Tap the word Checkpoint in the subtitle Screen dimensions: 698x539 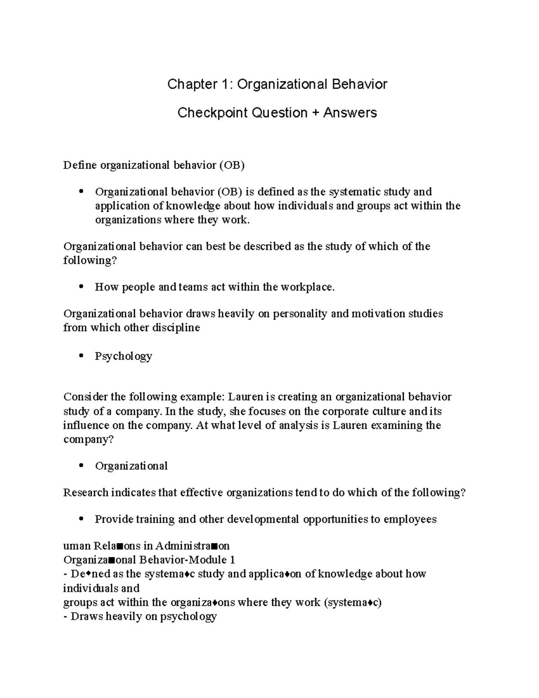pos(212,112)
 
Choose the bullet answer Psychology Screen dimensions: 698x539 pos(124,356)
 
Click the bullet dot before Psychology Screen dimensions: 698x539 pos(81,356)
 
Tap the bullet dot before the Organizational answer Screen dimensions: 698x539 pos(81,466)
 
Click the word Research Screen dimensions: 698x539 pos(86,493)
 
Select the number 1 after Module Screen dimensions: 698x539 pos(232,560)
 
